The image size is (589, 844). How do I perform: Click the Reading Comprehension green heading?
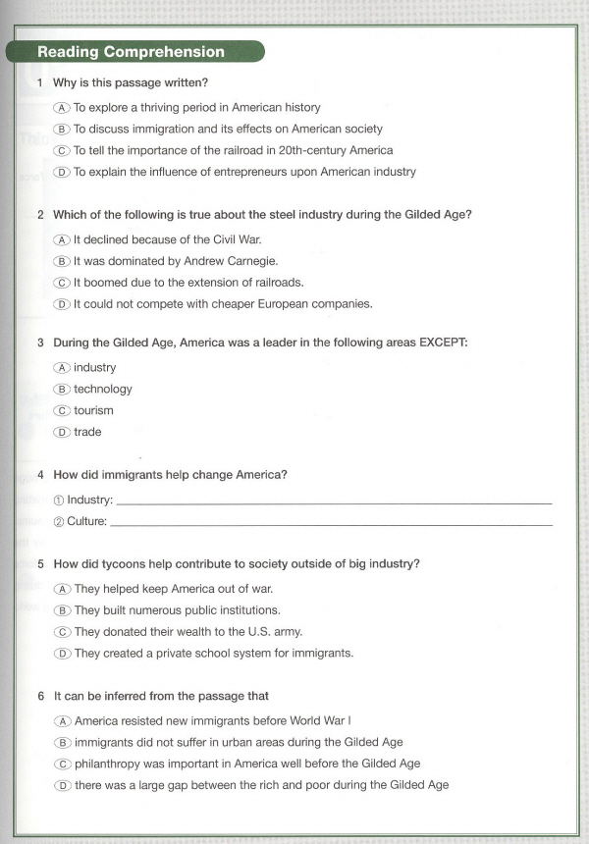pos(131,52)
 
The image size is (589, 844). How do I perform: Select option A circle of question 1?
pos(62,108)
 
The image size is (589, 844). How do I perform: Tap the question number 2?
pos(40,215)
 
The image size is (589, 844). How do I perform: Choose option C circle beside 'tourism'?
pos(62,411)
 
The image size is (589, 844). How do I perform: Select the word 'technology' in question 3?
pos(103,390)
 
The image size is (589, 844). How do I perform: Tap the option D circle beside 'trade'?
pos(62,433)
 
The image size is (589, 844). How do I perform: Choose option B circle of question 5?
pos(62,610)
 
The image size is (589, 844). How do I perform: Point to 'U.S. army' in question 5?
pos(274,632)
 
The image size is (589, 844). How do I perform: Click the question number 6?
pos(40,697)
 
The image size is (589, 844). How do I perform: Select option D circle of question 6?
pos(62,785)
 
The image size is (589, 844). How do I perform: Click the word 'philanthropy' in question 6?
pos(108,764)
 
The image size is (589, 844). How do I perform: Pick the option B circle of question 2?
pos(62,261)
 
